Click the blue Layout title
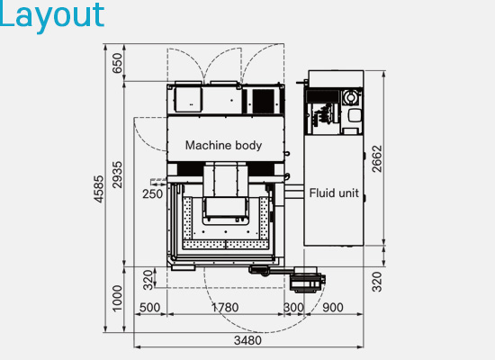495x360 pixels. pyautogui.click(x=52, y=16)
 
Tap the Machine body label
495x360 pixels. pyautogui.click(x=223, y=145)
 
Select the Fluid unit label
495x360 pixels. pyautogui.click(x=334, y=193)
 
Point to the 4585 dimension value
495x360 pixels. pyautogui.click(x=98, y=189)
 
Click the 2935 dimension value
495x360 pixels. pyautogui.click(x=117, y=175)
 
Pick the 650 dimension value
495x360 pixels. pyautogui.click(x=117, y=63)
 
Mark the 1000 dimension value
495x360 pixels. pyautogui.click(x=117, y=299)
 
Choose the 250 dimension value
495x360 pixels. pyautogui.click(x=152, y=193)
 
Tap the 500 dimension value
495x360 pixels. pyautogui.click(x=149, y=307)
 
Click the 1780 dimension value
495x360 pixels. pyautogui.click(x=225, y=307)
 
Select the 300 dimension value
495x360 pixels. pyautogui.click(x=293, y=307)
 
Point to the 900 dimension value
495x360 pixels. pyautogui.click(x=333, y=307)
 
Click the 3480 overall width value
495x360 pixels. pyautogui.click(x=247, y=340)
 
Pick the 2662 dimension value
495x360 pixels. pyautogui.click(x=377, y=158)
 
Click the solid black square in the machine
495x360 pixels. pyautogui.click(x=264, y=101)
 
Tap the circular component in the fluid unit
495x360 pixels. pyautogui.click(x=350, y=96)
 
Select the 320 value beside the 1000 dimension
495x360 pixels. pyautogui.click(x=148, y=280)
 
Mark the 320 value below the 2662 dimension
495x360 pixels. pyautogui.click(x=377, y=282)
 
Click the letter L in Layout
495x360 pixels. pyautogui.click(x=5, y=13)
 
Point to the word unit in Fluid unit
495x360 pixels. pyautogui.click(x=346, y=193)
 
